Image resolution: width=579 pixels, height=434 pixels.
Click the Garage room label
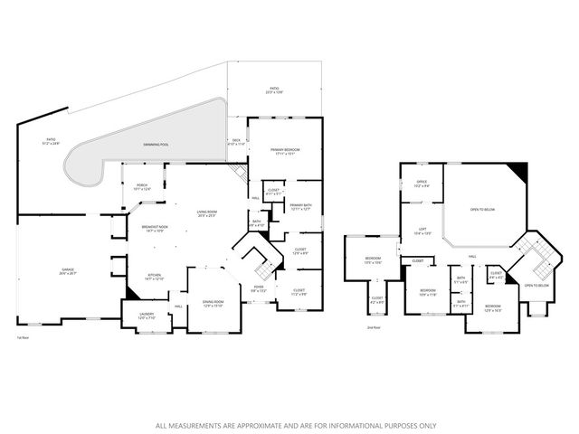(67, 270)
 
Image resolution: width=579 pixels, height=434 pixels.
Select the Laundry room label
(134, 316)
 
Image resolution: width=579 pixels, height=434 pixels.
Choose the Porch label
(142, 187)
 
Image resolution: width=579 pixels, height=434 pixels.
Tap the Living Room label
(207, 213)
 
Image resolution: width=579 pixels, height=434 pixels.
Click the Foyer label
(259, 288)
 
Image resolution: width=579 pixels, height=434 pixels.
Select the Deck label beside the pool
(236, 142)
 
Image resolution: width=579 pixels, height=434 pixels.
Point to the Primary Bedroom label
(285, 151)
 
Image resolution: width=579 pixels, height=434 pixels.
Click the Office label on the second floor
(421, 184)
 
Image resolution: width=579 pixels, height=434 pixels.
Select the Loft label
(421, 231)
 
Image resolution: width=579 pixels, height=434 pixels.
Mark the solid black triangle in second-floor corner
(518, 170)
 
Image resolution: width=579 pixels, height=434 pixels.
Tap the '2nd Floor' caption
(373, 326)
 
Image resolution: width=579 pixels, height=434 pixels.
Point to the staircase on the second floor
(534, 263)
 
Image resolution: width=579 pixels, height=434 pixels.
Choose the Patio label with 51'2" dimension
(51, 142)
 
